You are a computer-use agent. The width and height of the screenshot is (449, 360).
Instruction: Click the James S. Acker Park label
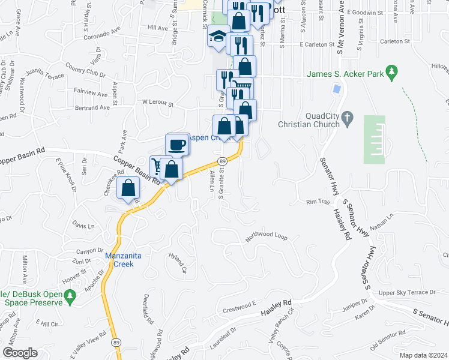345,74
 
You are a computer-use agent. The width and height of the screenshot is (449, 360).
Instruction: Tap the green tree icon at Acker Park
392,73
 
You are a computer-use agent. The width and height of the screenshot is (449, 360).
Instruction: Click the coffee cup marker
178,145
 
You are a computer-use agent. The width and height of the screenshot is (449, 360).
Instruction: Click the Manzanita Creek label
124,259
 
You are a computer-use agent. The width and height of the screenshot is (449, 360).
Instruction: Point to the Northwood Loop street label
267,236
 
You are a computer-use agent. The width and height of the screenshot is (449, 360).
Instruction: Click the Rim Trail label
319,202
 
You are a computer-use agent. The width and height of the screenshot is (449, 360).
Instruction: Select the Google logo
20,353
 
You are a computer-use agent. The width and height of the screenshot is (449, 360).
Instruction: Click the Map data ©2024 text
423,355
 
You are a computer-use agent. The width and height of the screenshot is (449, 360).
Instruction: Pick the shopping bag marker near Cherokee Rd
128,188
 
